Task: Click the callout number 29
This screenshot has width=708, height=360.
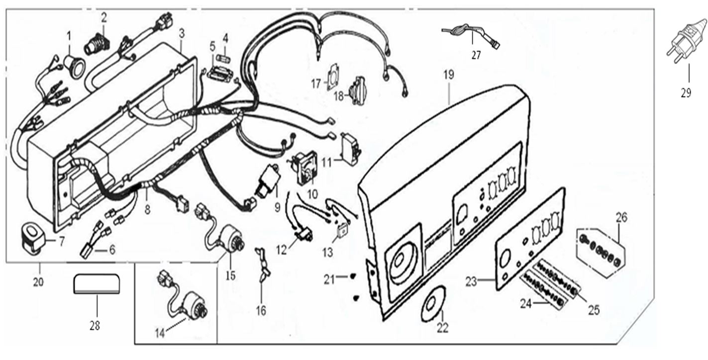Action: pos(686,93)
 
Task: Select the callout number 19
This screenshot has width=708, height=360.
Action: pos(449,76)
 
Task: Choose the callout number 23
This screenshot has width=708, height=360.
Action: pos(471,281)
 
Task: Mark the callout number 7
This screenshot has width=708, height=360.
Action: pos(62,242)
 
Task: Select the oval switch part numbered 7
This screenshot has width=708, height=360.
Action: pos(32,235)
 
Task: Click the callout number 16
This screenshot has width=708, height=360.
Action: pos(261,311)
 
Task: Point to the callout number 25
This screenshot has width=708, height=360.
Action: pos(593,310)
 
